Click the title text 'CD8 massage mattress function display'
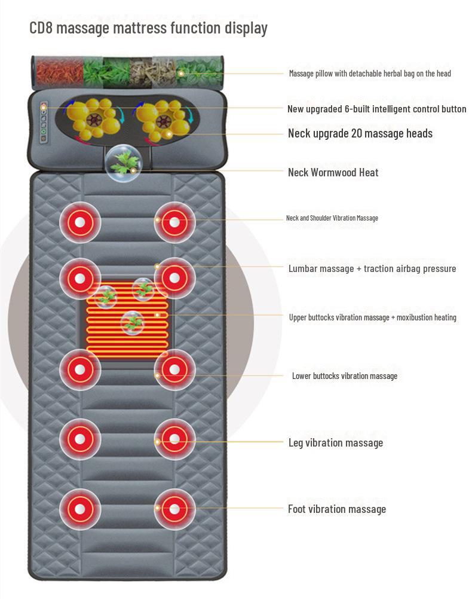148,27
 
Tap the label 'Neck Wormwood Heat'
333,172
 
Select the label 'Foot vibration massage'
336,509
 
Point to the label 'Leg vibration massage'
335,443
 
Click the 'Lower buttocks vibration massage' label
344,376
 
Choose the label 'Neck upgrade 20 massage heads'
360,133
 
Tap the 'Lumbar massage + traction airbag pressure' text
372,269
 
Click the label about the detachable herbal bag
370,74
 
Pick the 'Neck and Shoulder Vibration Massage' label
332,218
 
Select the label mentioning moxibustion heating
372,317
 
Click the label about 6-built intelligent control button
376,109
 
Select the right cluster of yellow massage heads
164,118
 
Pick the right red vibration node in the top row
174,223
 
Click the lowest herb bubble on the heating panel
132,323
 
